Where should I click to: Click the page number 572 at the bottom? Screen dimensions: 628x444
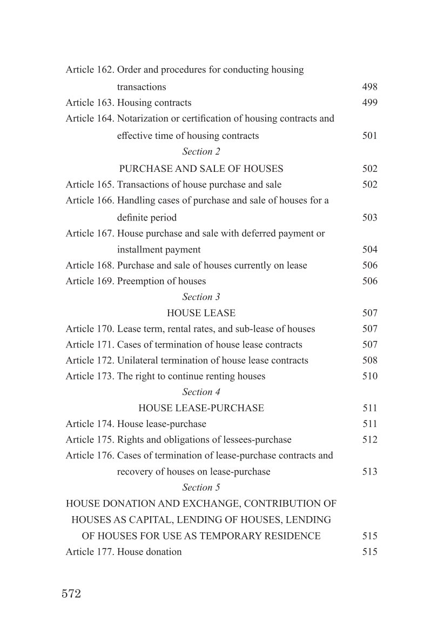(71, 594)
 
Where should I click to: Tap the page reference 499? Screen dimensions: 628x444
(369, 103)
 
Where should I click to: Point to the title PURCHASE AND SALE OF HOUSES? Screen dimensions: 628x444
(201, 169)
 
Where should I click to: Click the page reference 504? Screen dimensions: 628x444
(369, 250)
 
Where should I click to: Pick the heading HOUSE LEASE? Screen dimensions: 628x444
(201, 313)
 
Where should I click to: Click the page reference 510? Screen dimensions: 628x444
(369, 376)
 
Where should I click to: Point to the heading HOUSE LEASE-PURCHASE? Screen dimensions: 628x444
(201, 408)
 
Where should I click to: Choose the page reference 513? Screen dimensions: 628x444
(369, 472)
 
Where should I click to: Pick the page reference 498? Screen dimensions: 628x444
(369, 87)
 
